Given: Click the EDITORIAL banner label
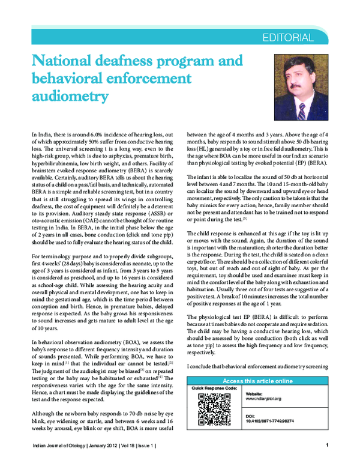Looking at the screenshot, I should (287, 38).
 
